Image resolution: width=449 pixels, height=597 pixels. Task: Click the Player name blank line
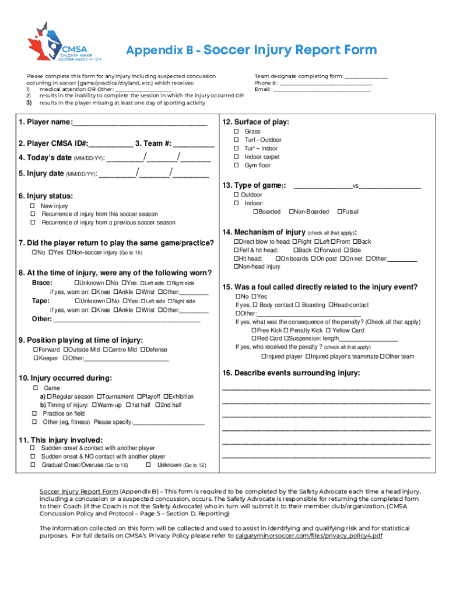point(140,123)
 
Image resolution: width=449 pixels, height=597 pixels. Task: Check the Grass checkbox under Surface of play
point(237,132)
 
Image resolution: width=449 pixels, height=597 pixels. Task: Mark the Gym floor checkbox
point(237,166)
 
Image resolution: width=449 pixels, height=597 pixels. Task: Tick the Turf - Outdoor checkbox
point(237,140)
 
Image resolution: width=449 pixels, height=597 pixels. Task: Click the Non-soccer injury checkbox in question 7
point(68,252)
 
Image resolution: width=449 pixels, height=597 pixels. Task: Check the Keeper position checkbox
point(36,358)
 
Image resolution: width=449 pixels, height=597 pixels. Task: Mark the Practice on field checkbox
point(34,413)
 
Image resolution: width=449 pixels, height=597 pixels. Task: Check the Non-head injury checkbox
point(237,266)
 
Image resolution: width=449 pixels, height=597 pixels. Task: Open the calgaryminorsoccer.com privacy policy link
point(308,535)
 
